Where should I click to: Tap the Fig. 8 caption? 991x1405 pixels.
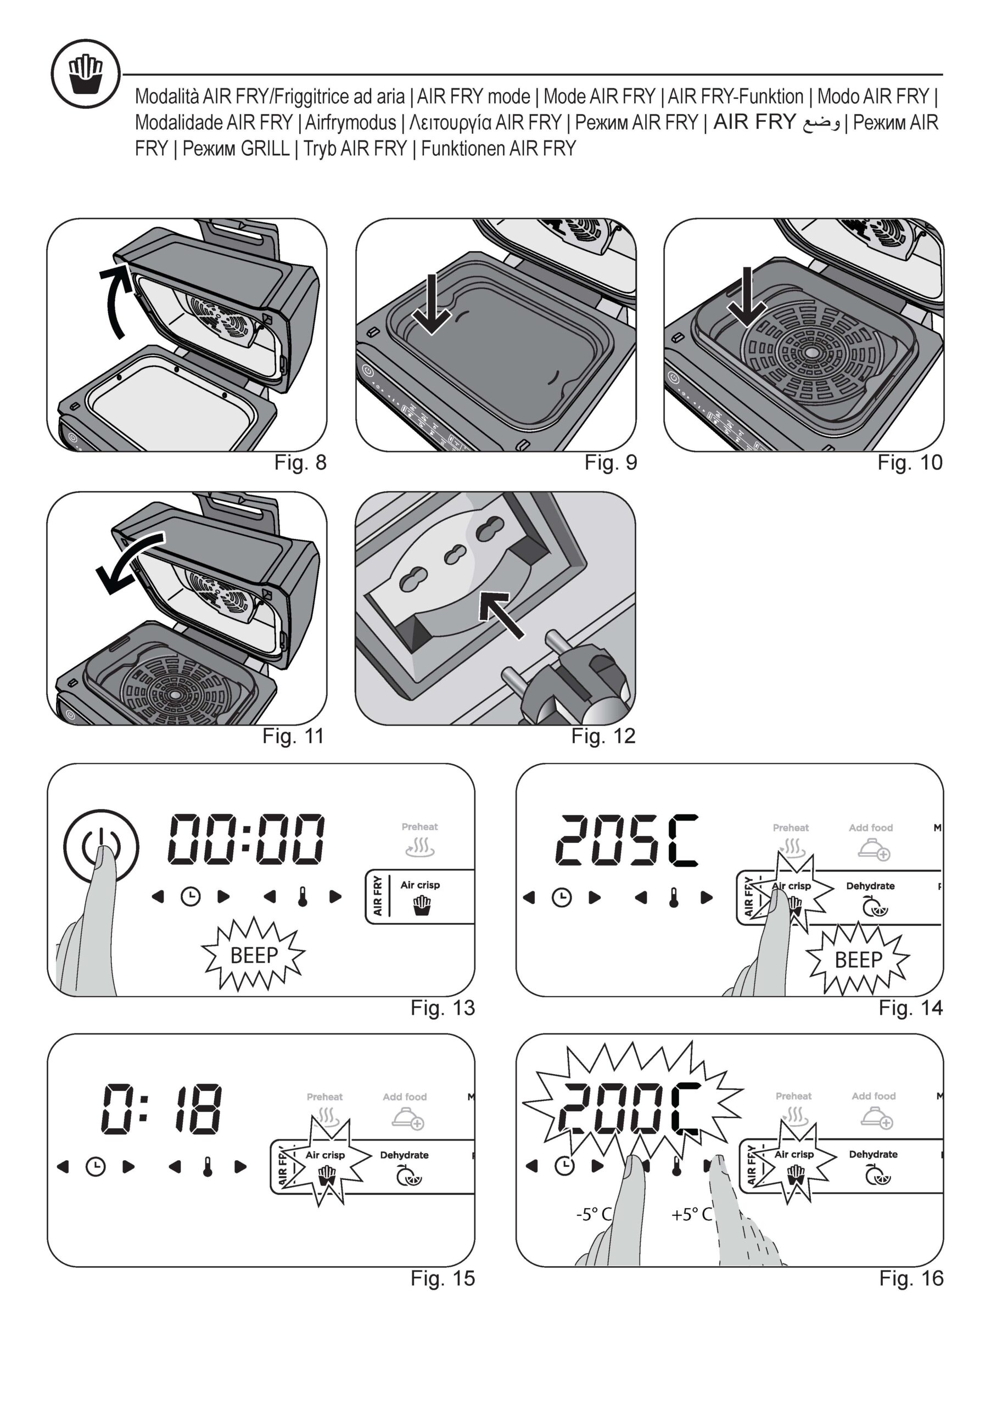300,463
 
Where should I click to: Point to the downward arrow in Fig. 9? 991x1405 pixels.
432,304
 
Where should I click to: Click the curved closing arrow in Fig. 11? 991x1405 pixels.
129,561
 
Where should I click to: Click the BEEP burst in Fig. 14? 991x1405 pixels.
858,959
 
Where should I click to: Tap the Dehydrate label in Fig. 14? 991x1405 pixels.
870,885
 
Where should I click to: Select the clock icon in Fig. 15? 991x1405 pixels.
95,1167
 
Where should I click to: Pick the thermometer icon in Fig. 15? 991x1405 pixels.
208,1167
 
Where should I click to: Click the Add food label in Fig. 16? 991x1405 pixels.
873,1096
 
